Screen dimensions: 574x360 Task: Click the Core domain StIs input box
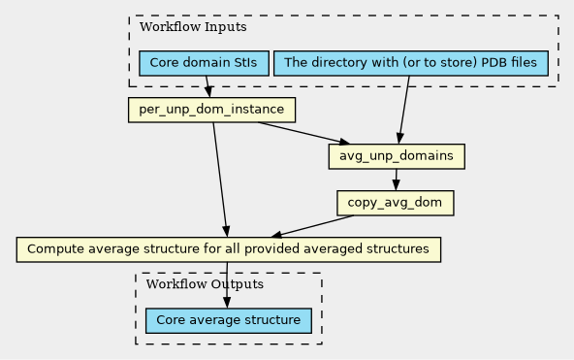click(204, 63)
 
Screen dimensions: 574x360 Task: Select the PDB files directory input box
click(411, 63)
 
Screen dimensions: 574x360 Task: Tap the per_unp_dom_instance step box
click(211, 110)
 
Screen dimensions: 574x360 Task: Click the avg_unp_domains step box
click(397, 156)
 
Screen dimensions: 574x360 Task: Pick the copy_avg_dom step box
click(396, 203)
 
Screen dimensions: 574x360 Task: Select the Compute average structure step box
click(229, 249)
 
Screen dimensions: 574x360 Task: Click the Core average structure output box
click(229, 320)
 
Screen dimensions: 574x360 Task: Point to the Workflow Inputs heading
click(193, 27)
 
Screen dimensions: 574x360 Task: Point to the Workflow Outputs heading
click(205, 284)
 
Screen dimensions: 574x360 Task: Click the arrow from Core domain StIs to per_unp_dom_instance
click(207, 86)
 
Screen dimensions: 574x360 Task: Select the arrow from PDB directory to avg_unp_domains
click(404, 110)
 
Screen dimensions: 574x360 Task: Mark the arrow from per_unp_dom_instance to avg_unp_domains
click(303, 133)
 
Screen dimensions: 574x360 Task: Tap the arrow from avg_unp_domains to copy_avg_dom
click(396, 180)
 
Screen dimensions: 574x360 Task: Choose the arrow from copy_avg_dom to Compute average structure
click(312, 226)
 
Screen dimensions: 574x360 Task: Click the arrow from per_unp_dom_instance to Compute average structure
click(220, 180)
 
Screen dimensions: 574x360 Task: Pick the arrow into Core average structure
click(227, 285)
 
